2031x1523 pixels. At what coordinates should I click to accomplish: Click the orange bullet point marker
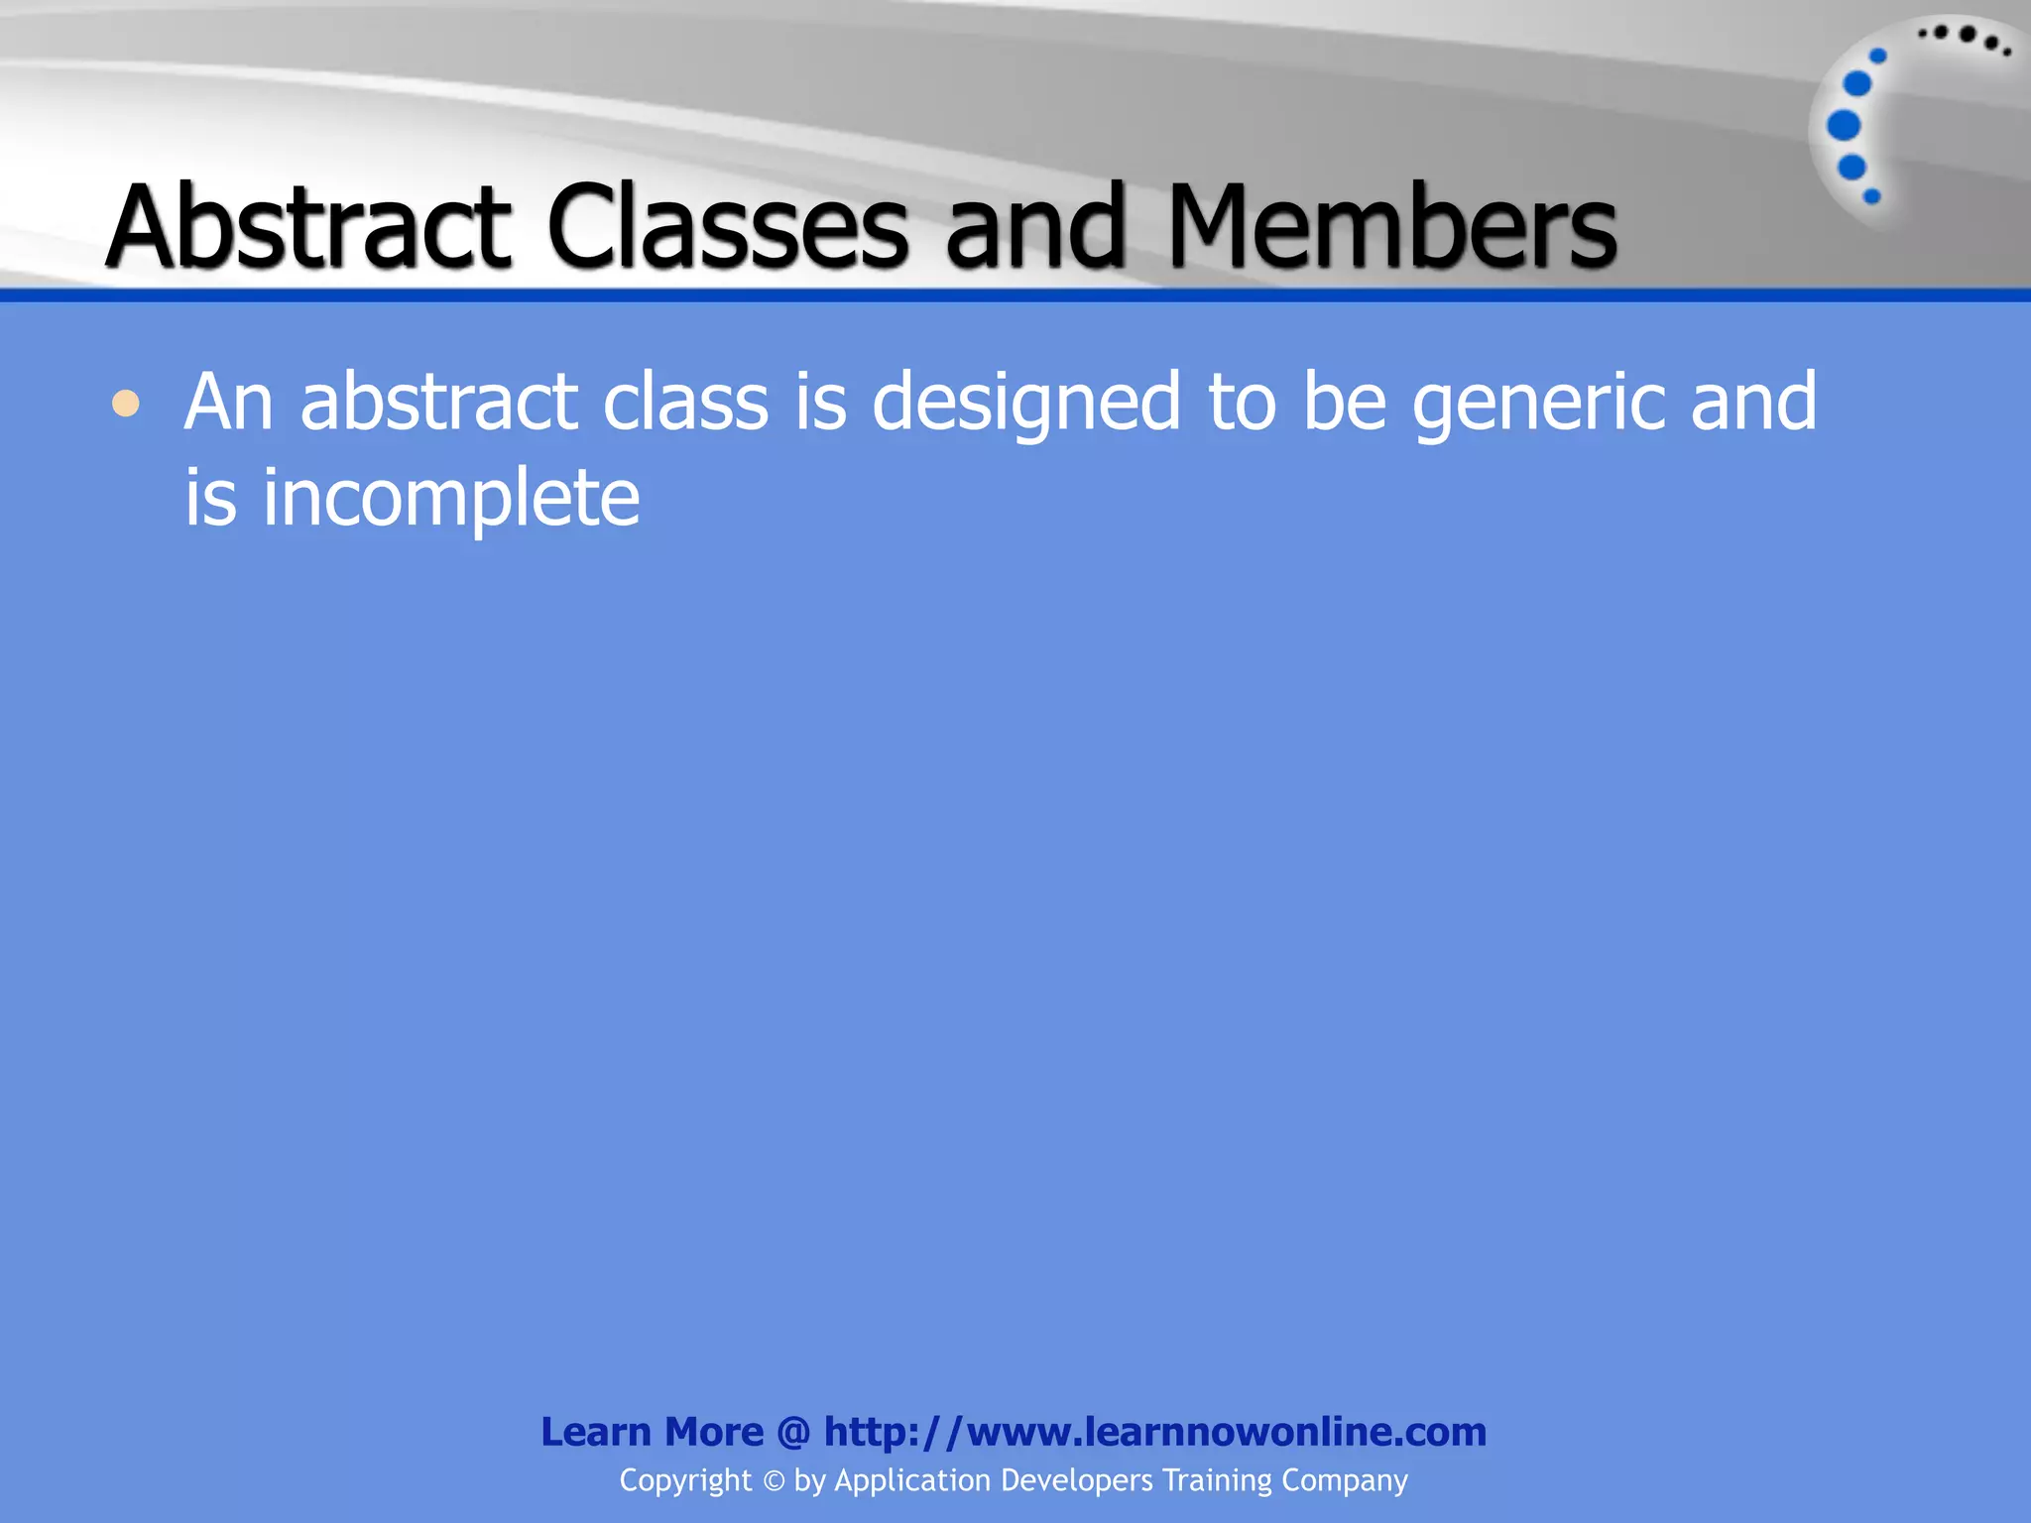pyautogui.click(x=126, y=405)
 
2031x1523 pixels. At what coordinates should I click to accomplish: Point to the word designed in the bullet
pyautogui.click(x=1026, y=403)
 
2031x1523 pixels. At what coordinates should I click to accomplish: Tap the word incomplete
pyautogui.click(x=451, y=498)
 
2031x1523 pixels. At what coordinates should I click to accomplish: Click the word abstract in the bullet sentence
pyautogui.click(x=438, y=403)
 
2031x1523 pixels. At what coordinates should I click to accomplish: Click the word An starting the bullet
pyautogui.click(x=228, y=403)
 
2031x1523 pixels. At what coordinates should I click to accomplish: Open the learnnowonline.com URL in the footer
pyautogui.click(x=1155, y=1432)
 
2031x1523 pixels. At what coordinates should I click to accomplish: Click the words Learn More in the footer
pyautogui.click(x=652, y=1432)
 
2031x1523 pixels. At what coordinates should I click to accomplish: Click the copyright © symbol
pyautogui.click(x=774, y=1481)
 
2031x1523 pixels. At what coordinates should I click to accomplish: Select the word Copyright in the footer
pyautogui.click(x=685, y=1480)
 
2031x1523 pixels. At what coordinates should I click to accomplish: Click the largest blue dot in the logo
pyautogui.click(x=1844, y=126)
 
